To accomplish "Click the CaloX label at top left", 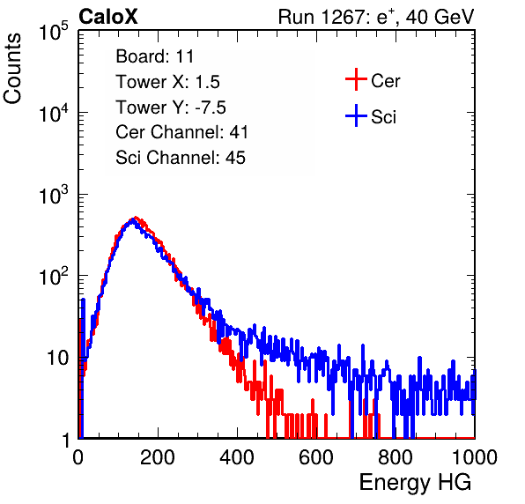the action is click(x=108, y=17).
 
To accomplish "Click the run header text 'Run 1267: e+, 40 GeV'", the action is click(x=376, y=17).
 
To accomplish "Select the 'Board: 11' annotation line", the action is click(x=155, y=56).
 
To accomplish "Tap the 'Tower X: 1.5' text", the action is click(x=167, y=82).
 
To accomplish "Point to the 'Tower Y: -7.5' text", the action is click(x=171, y=107).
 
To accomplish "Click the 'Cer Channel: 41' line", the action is click(x=181, y=132).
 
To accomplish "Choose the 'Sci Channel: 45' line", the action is click(x=181, y=158).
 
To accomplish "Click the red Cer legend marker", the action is click(x=356, y=79).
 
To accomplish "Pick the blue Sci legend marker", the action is click(x=356, y=115).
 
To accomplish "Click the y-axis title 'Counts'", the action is click(x=12, y=68).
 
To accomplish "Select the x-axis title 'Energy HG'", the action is click(x=415, y=483).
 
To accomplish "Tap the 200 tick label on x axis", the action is click(x=158, y=457).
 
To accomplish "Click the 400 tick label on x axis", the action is click(x=237, y=457).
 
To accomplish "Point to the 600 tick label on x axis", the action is click(x=316, y=457).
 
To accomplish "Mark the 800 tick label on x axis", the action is click(x=396, y=457).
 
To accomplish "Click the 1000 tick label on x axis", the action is click(x=475, y=457).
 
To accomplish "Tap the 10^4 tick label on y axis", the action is click(x=54, y=113).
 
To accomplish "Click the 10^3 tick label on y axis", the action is click(x=54, y=195).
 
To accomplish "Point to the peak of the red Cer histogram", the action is click(x=136, y=217).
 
